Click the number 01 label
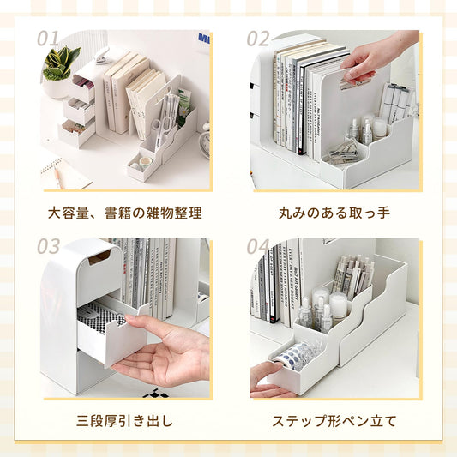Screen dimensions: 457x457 49,38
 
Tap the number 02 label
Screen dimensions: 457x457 258,38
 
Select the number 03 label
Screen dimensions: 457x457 49,247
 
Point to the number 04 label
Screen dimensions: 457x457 258,247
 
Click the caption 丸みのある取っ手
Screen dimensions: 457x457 334,212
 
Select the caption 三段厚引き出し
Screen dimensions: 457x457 124,421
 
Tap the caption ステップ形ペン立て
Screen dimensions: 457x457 334,421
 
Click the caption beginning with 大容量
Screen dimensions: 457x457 124,212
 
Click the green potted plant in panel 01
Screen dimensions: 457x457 61,64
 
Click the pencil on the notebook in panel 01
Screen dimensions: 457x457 57,177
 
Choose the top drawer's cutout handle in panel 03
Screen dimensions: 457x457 99,256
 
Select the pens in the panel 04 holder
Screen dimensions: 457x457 352,274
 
